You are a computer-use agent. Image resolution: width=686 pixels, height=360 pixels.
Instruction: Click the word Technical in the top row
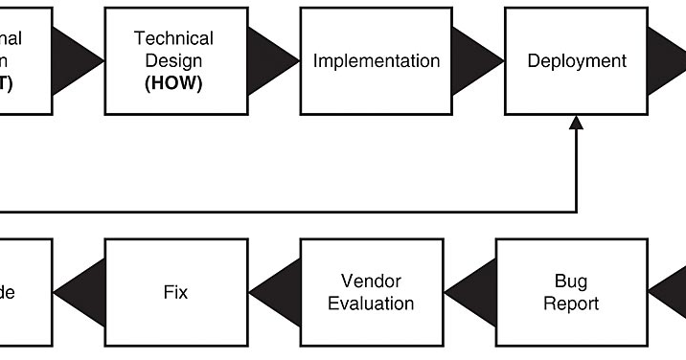point(173,38)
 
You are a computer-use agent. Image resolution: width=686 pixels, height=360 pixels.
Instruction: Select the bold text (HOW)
point(173,83)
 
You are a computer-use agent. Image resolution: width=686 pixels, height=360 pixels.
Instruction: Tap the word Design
point(173,60)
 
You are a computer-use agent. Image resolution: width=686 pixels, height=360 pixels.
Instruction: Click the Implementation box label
point(377,61)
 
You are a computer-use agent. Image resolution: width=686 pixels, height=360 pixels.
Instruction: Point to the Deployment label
point(577,61)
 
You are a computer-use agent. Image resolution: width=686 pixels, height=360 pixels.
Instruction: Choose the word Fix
point(175,292)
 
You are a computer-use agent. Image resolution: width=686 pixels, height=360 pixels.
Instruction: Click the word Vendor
point(371,281)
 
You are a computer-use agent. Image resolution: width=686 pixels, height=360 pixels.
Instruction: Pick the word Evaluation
point(371,304)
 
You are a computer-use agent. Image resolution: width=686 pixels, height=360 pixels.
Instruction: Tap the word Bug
point(571,281)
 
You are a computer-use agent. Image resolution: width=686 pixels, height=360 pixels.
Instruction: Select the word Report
point(571,304)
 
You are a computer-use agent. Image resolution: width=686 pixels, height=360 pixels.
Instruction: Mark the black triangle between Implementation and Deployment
point(475,61)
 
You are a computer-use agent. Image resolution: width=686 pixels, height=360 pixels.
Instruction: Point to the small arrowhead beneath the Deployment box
point(577,123)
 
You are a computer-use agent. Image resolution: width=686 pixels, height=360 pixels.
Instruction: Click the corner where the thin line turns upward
point(577,212)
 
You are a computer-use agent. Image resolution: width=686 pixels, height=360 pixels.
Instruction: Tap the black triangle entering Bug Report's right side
point(671,292)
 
